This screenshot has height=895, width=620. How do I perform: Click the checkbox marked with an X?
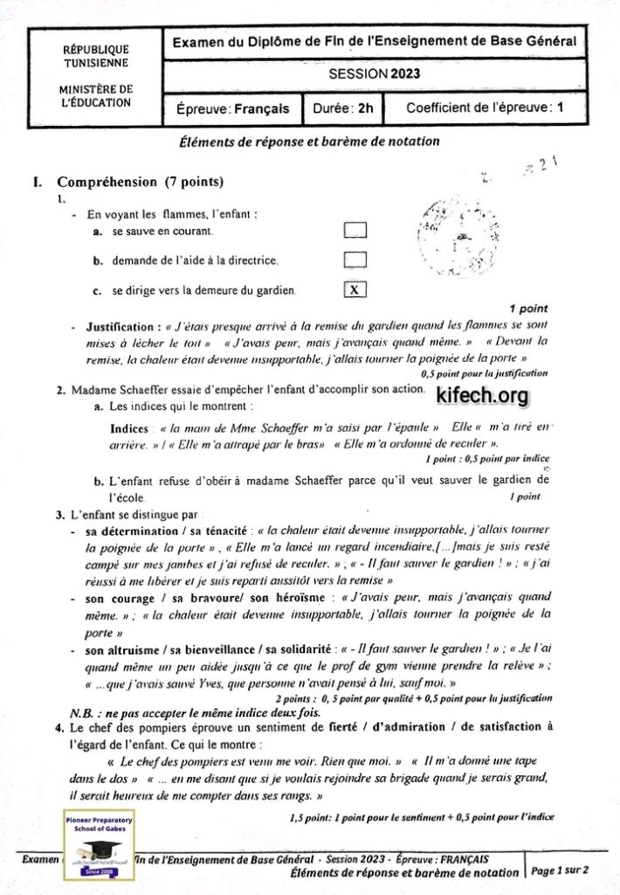pyautogui.click(x=355, y=289)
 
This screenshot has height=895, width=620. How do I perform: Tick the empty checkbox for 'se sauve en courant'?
pyautogui.click(x=355, y=231)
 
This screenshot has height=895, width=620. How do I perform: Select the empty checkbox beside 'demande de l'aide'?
pyautogui.click(x=355, y=260)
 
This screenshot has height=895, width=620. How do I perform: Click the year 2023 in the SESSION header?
pyautogui.click(x=405, y=74)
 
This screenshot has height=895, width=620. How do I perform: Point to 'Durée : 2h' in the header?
pyautogui.click(x=343, y=108)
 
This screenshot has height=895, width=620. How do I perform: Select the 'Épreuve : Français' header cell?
pyautogui.click(x=232, y=109)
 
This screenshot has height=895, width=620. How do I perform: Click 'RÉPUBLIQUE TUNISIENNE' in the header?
pyautogui.click(x=96, y=56)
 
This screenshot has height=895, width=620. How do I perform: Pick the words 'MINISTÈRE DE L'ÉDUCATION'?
pyautogui.click(x=96, y=95)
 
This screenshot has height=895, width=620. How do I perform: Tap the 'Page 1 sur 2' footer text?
pyautogui.click(x=560, y=871)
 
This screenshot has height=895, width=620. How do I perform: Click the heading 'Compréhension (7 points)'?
pyautogui.click(x=141, y=183)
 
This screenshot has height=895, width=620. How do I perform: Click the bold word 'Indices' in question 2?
pyautogui.click(x=129, y=428)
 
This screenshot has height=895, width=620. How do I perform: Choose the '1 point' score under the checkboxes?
pyautogui.click(x=528, y=309)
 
